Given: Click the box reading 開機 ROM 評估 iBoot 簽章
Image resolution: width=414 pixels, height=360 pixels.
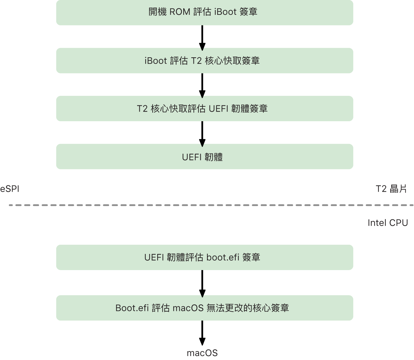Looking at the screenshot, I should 204,13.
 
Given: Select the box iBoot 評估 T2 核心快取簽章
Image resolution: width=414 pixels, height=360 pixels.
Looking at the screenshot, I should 204,61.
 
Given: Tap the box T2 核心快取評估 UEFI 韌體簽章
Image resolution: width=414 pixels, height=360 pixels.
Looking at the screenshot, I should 204,108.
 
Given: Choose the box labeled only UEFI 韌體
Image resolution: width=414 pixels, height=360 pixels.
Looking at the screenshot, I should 204,157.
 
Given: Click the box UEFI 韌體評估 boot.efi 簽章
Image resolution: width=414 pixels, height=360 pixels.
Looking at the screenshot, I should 204,257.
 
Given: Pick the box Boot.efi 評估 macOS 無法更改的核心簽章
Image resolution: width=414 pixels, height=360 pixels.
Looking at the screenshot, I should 204,308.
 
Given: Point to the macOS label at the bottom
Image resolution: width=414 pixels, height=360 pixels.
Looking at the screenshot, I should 202,353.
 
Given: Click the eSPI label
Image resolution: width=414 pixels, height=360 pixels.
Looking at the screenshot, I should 10,189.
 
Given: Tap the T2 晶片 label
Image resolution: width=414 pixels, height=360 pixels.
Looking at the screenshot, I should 391,189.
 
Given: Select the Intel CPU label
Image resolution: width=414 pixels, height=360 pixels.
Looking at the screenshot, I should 388,223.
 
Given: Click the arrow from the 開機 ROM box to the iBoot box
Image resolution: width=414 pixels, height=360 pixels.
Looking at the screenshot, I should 202,37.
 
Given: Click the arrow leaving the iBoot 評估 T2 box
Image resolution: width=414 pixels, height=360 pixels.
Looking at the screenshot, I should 202,85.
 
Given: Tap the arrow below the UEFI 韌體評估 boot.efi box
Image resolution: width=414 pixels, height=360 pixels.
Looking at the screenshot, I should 202,283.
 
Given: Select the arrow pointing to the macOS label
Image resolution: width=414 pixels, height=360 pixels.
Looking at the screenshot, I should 202,333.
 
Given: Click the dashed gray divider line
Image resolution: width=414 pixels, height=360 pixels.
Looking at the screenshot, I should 211,205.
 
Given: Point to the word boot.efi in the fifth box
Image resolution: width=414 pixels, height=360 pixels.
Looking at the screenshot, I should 223,258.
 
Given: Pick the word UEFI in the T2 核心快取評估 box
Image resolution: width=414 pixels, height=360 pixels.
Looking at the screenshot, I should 219,109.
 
